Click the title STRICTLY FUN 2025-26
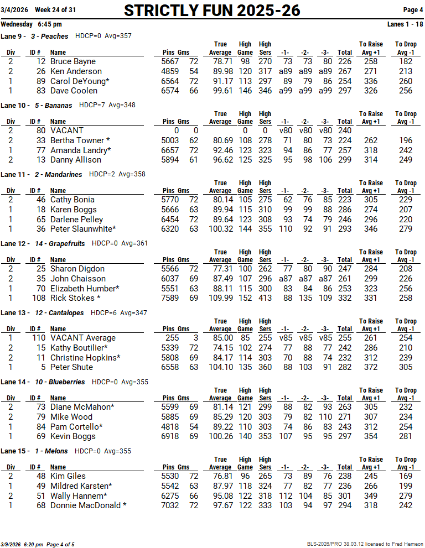[x=212, y=11]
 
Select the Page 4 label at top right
[x=413, y=10]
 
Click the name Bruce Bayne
[x=73, y=61]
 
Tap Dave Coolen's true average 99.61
[x=220, y=91]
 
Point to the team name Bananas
[x=61, y=105]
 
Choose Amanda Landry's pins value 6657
[x=170, y=150]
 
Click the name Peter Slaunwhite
[x=83, y=229]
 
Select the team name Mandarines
[x=63, y=174]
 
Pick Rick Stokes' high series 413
[x=265, y=298]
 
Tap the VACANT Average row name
[x=83, y=338]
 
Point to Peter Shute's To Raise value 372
[x=371, y=367]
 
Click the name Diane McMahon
[x=82, y=407]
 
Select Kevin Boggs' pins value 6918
[x=170, y=436]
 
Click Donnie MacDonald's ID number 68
[x=41, y=505]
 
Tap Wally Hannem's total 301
[x=345, y=496]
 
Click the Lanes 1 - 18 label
[x=406, y=24]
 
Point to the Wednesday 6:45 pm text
[x=32, y=24]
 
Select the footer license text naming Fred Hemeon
[x=365, y=544]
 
